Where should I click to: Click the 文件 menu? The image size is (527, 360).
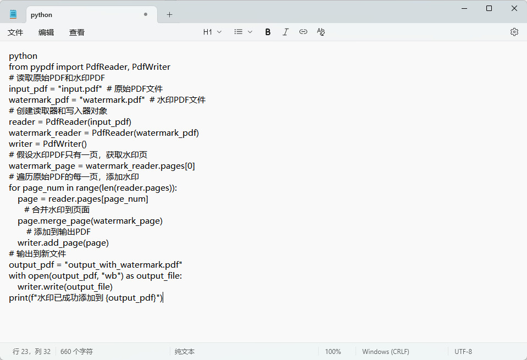point(15,32)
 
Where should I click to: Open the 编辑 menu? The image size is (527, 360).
point(46,32)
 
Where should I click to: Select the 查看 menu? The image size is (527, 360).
point(76,32)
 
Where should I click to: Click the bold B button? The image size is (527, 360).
point(268,32)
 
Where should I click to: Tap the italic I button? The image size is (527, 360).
point(285,32)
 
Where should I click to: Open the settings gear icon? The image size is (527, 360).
point(514,32)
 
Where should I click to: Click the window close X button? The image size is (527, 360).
point(514,8)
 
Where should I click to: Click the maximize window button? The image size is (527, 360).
point(489,8)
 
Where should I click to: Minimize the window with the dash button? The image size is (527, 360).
point(464,8)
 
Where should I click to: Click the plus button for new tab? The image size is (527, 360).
point(169,14)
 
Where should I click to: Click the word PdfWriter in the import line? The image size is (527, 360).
point(151,67)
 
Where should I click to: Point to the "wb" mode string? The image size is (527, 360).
point(111,276)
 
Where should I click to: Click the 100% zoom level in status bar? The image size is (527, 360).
point(332,352)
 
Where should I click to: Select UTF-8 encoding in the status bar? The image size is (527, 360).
point(463,352)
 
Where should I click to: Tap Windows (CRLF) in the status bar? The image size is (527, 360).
point(386,352)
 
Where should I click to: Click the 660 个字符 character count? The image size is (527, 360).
point(76,352)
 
